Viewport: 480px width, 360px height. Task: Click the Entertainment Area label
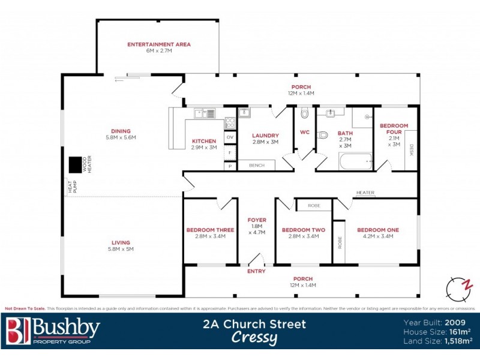coord(158,44)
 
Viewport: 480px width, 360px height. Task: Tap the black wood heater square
coord(76,164)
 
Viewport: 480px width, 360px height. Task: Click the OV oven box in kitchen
coord(230,137)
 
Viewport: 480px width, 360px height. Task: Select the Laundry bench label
coord(257,164)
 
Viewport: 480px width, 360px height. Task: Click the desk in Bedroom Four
coord(412,149)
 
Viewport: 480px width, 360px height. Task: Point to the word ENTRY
coord(256,272)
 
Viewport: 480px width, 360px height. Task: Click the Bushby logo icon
coord(17,331)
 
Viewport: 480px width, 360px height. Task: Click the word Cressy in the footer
coord(254,338)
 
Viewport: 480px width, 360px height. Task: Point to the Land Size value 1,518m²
coord(457,341)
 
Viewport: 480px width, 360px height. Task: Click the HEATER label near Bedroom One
coord(365,193)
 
